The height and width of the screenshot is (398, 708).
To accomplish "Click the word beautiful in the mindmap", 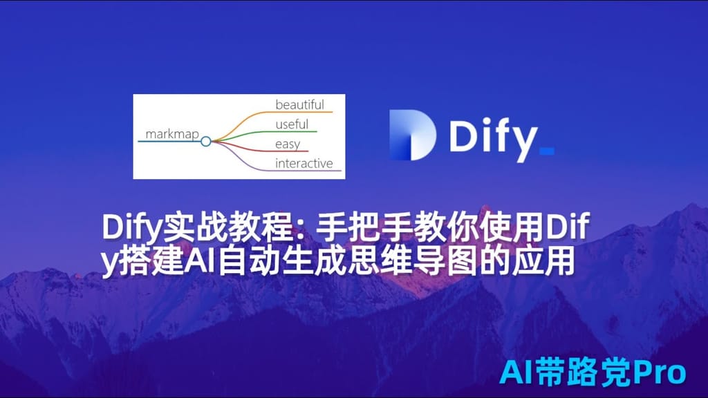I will coord(299,105).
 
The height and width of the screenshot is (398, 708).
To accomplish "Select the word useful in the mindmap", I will coord(292,125).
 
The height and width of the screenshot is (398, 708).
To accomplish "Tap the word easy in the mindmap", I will coord(287,144).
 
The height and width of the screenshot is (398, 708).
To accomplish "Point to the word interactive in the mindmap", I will coord(304,164).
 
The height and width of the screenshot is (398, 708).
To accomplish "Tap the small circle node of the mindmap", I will coord(205,141).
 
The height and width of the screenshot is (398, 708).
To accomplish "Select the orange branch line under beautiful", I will coord(304,112).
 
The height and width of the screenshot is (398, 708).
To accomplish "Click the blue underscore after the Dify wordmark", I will coord(546,149).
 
